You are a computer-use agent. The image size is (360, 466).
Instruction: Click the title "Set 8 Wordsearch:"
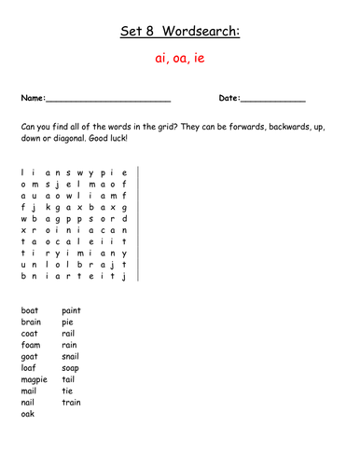(180, 33)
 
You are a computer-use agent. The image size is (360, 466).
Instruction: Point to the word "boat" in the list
(30, 310)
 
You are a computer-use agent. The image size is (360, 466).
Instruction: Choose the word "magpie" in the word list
(35, 379)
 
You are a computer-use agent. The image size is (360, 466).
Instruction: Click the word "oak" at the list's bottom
(28, 414)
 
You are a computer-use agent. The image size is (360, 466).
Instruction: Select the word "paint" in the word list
(72, 310)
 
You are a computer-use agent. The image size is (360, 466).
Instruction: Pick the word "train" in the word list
(71, 403)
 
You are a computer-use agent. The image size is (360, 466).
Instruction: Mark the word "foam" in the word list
(31, 345)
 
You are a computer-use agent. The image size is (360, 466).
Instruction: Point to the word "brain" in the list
(32, 322)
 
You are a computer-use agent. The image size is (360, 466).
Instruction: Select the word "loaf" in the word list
(29, 368)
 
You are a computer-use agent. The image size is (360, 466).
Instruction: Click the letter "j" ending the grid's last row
(123, 277)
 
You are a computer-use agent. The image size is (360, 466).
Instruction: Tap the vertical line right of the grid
(138, 224)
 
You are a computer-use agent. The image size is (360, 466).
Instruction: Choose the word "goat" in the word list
(30, 356)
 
